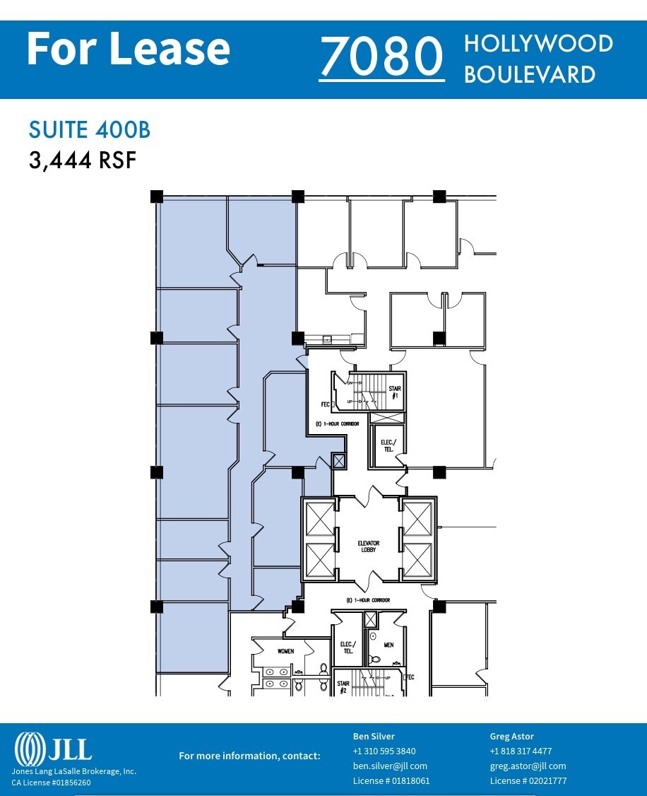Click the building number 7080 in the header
381,58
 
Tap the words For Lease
128,49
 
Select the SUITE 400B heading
89,130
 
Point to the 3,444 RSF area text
82,160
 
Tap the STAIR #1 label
395,392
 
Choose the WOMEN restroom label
285,651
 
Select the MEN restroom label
388,645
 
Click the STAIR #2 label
343,687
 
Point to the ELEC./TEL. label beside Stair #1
388,445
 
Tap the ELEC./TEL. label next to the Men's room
347,647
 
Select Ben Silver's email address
390,766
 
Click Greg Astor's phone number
521,751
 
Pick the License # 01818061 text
391,780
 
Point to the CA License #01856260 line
51,783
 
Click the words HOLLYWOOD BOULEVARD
538,58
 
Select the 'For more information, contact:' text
249,756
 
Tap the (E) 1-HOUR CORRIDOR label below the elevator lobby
368,600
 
